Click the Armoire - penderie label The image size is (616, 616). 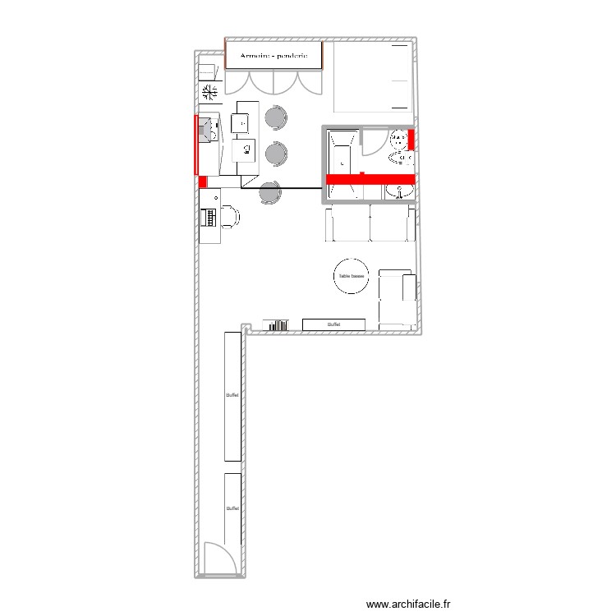tap(272, 56)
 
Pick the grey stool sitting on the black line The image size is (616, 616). tap(270, 193)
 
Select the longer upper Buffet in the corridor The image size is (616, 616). tap(232, 396)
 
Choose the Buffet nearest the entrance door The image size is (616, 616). tap(232, 508)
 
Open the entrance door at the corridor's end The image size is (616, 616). tap(218, 559)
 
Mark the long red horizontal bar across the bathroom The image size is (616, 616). tap(370, 178)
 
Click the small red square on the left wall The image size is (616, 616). tap(202, 182)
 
